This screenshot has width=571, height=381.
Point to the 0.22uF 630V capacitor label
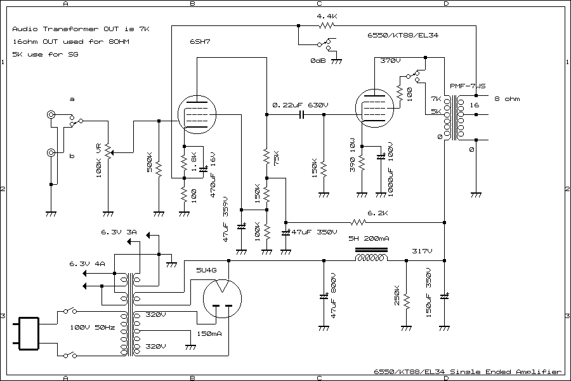click(x=300, y=105)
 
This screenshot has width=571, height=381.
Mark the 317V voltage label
click(x=422, y=251)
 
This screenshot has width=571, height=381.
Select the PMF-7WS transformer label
click(x=468, y=86)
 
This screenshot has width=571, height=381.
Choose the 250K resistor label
click(x=397, y=300)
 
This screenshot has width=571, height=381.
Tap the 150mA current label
click(x=209, y=333)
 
